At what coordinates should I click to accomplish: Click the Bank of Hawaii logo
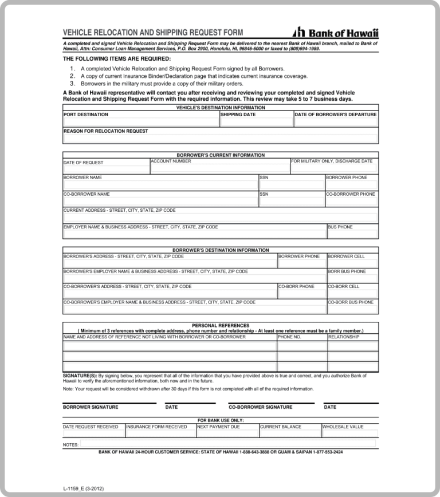(x=335, y=33)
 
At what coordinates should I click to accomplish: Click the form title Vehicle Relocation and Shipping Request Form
(x=152, y=33)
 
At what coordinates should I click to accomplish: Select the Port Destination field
(x=140, y=123)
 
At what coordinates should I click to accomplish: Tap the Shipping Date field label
(x=238, y=115)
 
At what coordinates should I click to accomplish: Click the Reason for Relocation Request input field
(x=220, y=139)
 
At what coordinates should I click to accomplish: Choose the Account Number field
(x=219, y=169)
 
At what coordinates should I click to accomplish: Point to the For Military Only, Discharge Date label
(x=332, y=161)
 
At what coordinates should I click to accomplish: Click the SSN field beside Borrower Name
(x=291, y=185)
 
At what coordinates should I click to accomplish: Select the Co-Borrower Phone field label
(x=351, y=194)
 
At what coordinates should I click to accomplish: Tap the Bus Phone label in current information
(x=340, y=227)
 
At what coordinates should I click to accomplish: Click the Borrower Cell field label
(x=346, y=257)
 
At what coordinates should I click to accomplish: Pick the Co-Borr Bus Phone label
(x=351, y=302)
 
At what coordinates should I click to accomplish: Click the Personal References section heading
(x=220, y=325)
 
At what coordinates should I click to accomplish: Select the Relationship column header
(x=344, y=337)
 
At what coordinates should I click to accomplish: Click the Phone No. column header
(x=289, y=337)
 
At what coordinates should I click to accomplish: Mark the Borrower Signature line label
(x=91, y=407)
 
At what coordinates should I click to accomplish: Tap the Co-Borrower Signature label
(x=260, y=407)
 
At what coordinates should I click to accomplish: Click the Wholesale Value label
(x=343, y=427)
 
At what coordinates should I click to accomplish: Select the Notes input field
(x=227, y=444)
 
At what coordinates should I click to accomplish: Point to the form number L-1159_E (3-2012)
(x=84, y=488)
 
